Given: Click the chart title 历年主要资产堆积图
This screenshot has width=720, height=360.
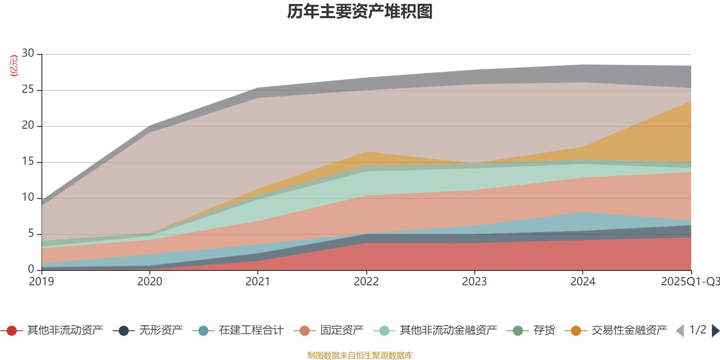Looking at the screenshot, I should pos(360,12).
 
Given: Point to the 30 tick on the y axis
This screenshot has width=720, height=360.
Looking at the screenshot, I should pos(28,54).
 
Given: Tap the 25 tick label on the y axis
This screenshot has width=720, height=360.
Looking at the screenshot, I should pos(28,90).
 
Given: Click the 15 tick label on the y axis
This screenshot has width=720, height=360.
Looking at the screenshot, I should pos(28,162).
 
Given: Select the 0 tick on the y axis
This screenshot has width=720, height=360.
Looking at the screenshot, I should pos(31,269).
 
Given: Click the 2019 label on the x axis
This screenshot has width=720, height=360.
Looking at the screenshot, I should pos(41,282).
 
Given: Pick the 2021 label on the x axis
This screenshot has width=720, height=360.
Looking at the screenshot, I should pos(258,282).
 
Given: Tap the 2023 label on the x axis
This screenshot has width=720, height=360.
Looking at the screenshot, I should pos(474,282).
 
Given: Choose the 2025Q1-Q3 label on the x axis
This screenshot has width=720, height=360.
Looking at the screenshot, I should pos(690,282).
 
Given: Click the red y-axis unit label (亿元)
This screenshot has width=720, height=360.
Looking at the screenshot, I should pos(14,66).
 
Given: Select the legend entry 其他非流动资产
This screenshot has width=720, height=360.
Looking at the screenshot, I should pos(64,331).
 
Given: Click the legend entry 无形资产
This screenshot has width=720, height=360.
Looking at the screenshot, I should pos(160,331).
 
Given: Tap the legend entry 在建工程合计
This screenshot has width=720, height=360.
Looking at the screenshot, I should pos(251,331).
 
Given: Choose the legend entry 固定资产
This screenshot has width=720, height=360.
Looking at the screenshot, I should pos(342,331).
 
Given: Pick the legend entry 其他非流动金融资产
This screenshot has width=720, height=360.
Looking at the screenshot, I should pos(448,331).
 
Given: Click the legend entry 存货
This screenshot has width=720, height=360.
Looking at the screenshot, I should pos(544,331).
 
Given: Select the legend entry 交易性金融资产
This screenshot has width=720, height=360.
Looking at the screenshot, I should pos(629,331).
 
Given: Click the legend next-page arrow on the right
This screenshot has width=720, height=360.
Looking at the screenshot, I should pos(715,331).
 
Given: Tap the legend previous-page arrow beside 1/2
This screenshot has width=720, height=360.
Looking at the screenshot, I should pos(680,331).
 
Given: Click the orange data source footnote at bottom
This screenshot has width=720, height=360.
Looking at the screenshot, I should pos(360,355).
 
